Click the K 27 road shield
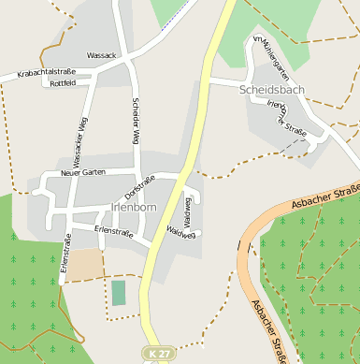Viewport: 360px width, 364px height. [x=157, y=353]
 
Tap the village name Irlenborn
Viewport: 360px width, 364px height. [x=134, y=207]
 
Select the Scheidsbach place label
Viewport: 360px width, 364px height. [x=272, y=90]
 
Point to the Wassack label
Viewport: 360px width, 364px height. [x=101, y=56]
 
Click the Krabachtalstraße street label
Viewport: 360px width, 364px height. [x=45, y=72]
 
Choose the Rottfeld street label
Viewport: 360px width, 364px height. [x=63, y=83]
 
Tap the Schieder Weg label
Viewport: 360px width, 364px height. [x=136, y=121]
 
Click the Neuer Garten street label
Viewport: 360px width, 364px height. [x=82, y=173]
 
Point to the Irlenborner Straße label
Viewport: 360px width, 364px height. [x=286, y=118]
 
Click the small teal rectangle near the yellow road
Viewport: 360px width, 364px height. [x=119, y=292]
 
